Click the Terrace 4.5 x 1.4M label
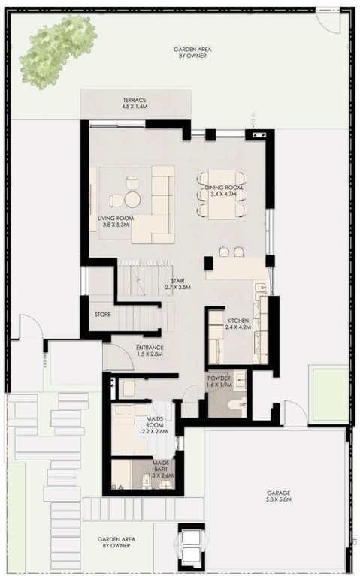[135, 103]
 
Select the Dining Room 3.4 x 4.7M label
[223, 191]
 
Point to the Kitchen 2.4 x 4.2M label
[238, 324]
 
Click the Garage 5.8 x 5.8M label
[279, 496]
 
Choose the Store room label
[103, 315]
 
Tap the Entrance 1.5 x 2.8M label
[150, 351]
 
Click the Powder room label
[219, 381]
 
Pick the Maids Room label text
[155, 424]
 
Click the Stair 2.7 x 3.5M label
[177, 284]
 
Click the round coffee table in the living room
[133, 200]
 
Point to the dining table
[222, 195]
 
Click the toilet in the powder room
[237, 405]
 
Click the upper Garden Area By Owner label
[192, 52]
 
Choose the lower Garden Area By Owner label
[116, 542]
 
